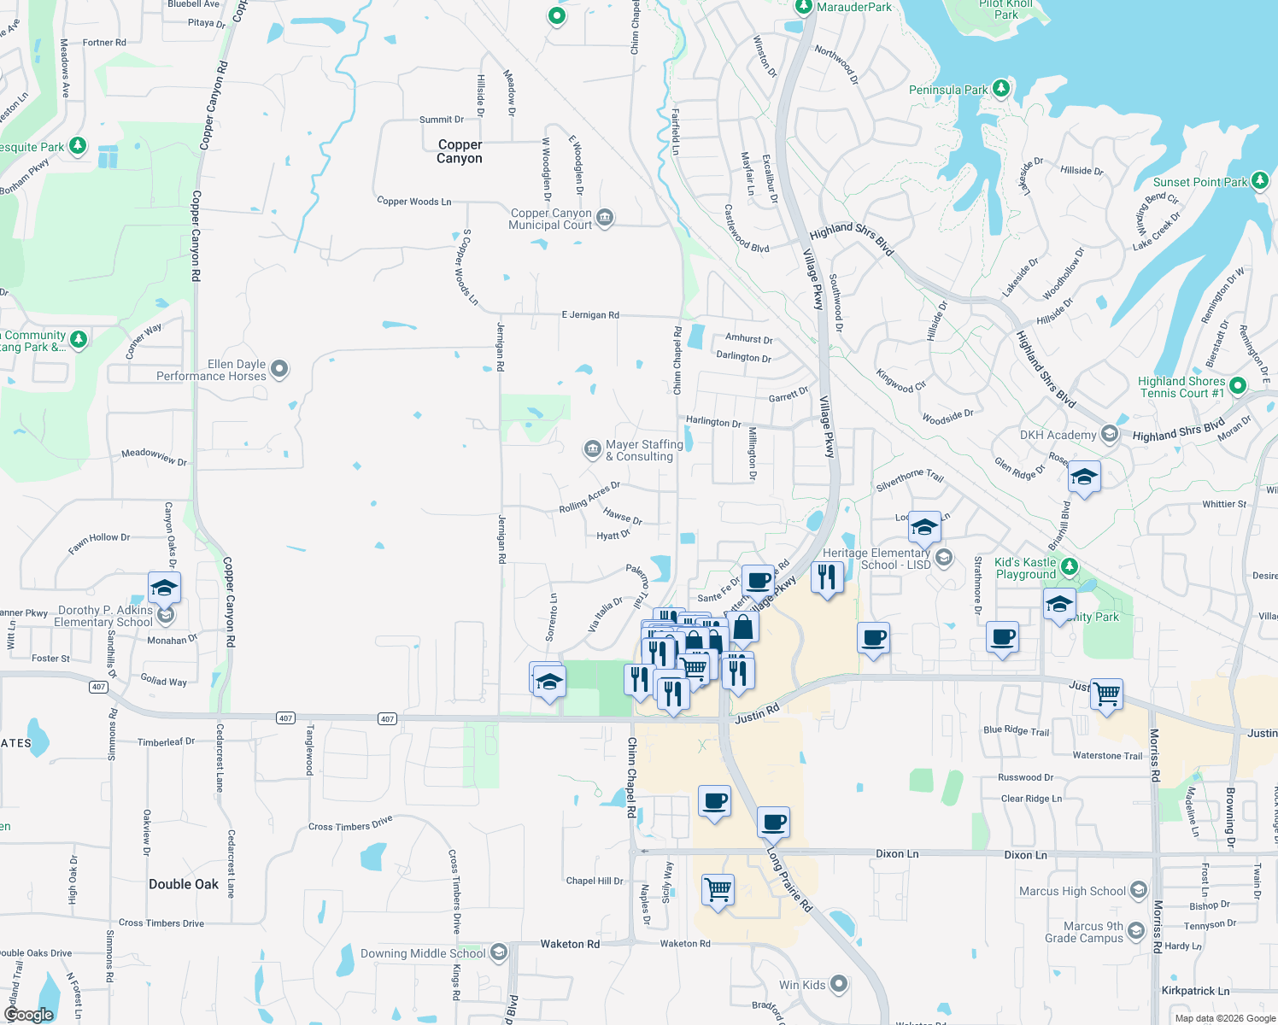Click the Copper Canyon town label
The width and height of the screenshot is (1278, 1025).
coord(460,152)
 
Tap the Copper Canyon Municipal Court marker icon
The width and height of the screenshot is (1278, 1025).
coord(605,218)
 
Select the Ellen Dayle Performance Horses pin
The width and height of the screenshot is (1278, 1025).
coord(279,369)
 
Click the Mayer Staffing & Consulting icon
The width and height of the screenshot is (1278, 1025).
coord(592,448)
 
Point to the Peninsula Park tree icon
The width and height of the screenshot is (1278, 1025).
coord(1001,88)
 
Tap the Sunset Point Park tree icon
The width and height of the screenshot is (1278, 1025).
coord(1260,180)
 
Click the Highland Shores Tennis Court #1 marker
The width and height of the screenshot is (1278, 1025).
coord(1238,386)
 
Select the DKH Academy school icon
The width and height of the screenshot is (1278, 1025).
coord(1109,434)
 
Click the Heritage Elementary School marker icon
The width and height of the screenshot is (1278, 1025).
coord(944,558)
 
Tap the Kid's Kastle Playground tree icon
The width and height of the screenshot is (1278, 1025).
coord(1069,566)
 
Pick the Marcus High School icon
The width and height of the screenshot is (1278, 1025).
coord(1138,890)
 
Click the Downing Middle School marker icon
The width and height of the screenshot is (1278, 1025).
coord(499,952)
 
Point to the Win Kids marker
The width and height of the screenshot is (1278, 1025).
coord(839,984)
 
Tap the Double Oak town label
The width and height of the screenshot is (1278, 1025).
coord(184,884)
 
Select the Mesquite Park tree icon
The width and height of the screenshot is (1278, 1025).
coord(78,145)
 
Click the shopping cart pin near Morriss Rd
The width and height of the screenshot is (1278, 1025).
coord(1107,694)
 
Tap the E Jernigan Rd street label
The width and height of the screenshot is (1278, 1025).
coord(590,315)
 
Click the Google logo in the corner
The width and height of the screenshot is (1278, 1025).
coord(29,1014)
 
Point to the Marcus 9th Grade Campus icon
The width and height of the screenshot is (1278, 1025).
coord(1136,930)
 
